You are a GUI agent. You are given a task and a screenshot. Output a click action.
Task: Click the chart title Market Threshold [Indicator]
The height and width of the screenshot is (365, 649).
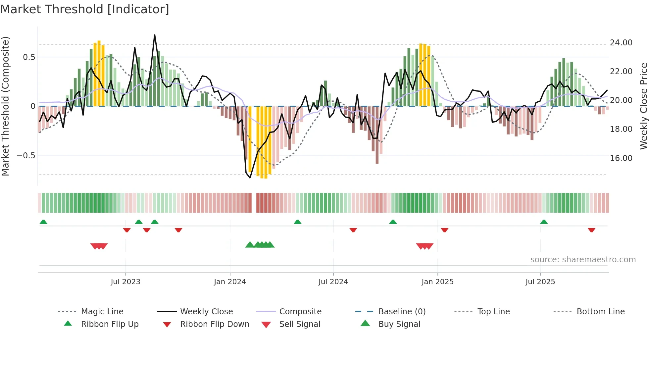[85, 9]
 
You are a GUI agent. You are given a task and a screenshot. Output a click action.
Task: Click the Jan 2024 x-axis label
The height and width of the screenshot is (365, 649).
[230, 282]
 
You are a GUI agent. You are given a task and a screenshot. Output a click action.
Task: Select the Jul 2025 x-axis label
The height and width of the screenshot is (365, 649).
[540, 282]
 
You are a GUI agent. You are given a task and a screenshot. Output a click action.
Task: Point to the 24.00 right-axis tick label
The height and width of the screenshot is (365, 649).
[621, 43]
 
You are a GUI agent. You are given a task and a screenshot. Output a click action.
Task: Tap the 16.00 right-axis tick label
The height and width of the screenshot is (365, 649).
[621, 158]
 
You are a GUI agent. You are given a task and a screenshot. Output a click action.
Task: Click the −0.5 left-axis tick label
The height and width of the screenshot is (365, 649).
[26, 155]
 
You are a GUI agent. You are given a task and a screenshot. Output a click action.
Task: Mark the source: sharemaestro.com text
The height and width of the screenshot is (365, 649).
[583, 259]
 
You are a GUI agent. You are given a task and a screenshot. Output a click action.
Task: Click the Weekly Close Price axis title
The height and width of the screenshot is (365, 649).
[643, 106]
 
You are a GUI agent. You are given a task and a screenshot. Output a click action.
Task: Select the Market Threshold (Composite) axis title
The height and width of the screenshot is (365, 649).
[5, 106]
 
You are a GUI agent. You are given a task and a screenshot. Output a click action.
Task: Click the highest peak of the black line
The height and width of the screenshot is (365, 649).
[155, 35]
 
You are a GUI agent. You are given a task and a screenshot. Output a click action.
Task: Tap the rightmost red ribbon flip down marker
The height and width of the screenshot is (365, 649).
[591, 230]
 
